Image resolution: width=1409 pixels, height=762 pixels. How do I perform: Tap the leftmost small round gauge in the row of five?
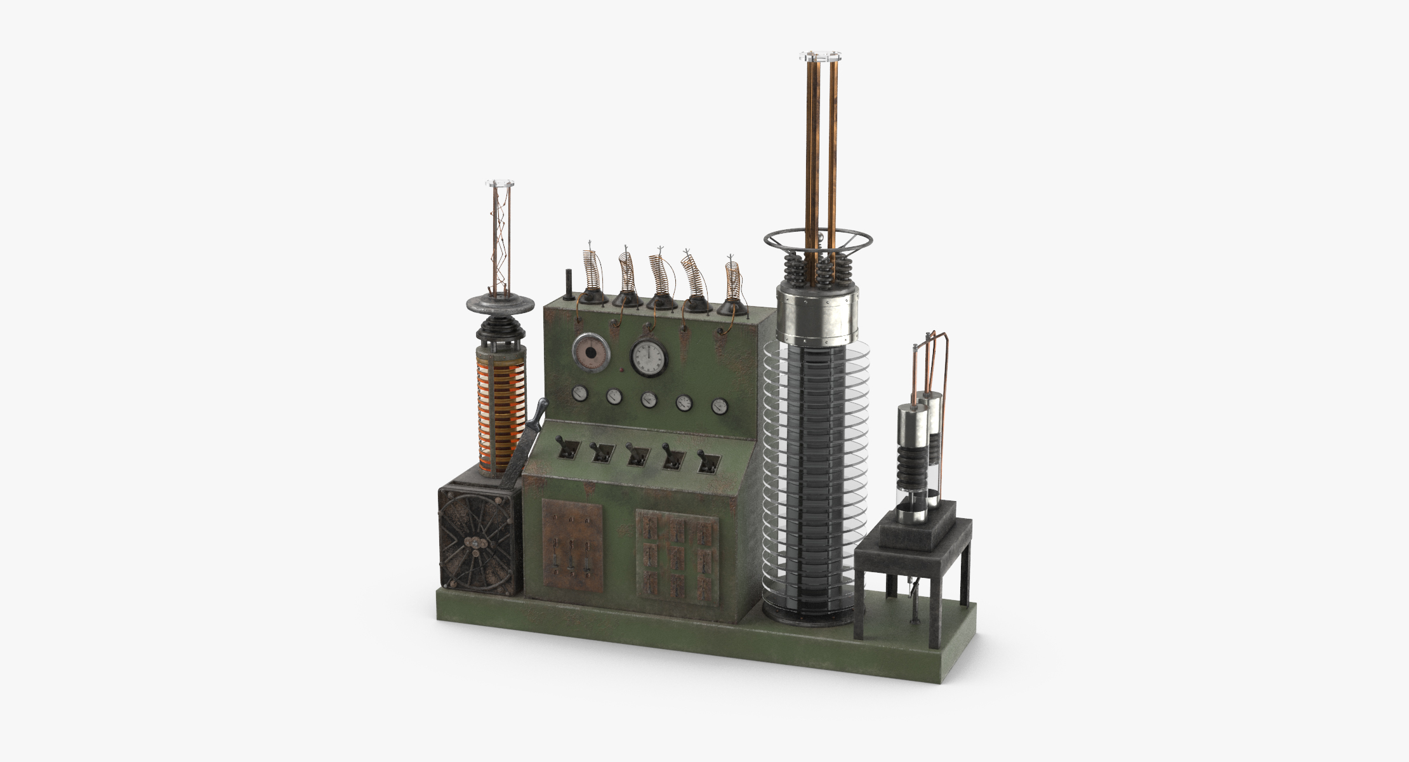[x=580, y=394]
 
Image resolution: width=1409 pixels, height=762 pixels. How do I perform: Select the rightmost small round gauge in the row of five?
[x=719, y=406]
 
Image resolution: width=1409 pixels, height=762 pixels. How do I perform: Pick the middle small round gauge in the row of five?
[x=649, y=400]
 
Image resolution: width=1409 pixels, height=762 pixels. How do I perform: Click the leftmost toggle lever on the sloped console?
[x=567, y=449]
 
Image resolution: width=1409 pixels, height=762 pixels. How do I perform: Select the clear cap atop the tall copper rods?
[x=819, y=56]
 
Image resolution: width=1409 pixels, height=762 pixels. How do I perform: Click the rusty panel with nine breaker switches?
[x=677, y=556]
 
